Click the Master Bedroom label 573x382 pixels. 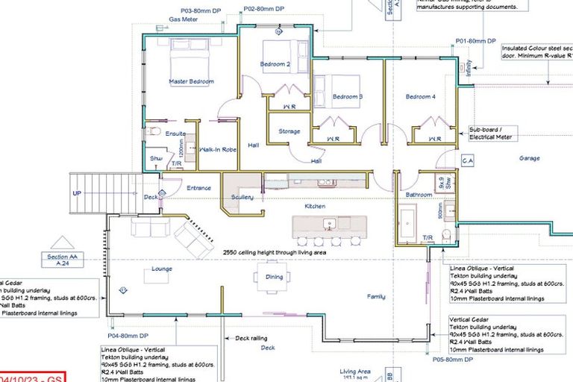191,81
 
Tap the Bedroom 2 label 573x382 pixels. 275,64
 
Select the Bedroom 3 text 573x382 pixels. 347,96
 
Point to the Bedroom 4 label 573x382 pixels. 420,96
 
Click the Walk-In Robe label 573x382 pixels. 218,149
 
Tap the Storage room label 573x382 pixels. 289,131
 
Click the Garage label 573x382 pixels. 529,158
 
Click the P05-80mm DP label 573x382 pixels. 453,360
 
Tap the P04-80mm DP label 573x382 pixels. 128,325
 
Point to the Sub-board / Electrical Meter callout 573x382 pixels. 492,133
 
